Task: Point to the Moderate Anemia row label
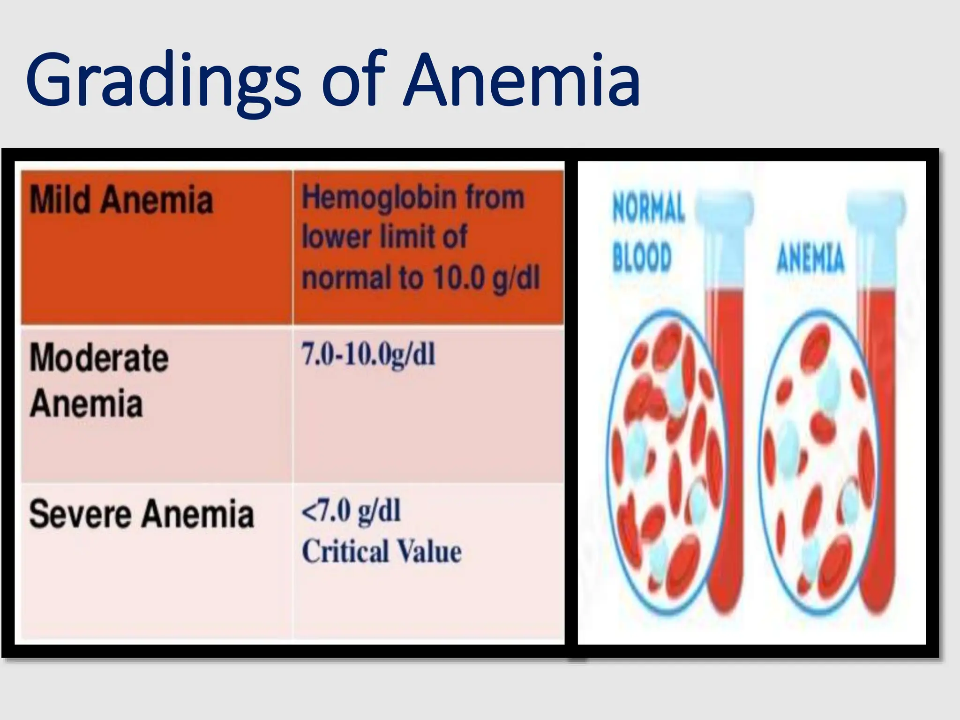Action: point(99,380)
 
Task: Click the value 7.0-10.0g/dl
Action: point(368,355)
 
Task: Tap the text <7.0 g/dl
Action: point(351,510)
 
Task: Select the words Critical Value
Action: point(382,552)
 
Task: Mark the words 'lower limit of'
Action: point(384,237)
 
